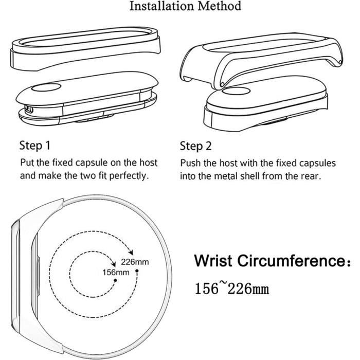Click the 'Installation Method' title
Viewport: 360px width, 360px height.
click(x=185, y=6)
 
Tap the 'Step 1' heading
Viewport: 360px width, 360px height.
click(x=34, y=146)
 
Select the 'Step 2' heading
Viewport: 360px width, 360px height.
click(x=195, y=146)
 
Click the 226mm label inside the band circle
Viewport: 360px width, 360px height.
click(x=135, y=262)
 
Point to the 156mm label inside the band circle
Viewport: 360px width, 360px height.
click(x=116, y=273)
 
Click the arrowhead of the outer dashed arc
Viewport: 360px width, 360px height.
click(x=131, y=252)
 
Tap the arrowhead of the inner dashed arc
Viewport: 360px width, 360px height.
click(x=113, y=264)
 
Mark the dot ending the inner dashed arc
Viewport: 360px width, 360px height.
click(x=115, y=280)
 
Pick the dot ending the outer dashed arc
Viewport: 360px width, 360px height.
click(x=137, y=271)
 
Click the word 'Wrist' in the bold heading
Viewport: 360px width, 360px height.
click(x=213, y=261)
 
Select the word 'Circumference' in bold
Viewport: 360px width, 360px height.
click(x=291, y=261)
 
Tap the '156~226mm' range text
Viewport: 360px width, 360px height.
click(x=231, y=289)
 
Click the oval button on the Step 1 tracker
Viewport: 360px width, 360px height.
click(x=46, y=87)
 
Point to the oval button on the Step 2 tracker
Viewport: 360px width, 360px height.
click(x=236, y=91)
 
